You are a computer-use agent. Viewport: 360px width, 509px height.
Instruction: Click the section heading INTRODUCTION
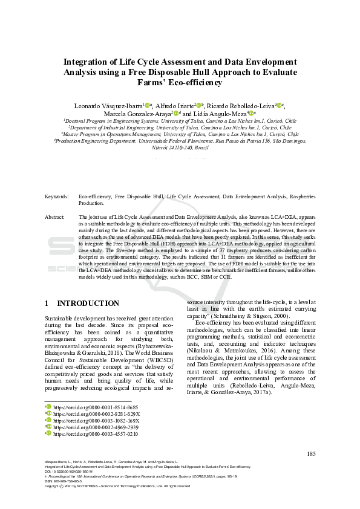88,303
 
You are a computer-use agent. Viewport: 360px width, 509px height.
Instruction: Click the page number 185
312,454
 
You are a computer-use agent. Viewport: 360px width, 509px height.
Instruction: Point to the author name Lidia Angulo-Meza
217,113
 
